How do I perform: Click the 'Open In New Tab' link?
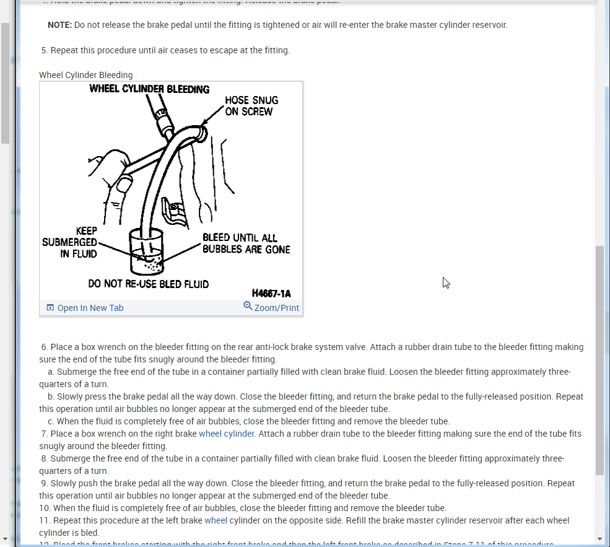(x=90, y=308)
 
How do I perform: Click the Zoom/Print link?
(x=276, y=308)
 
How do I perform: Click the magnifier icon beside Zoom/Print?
(x=248, y=306)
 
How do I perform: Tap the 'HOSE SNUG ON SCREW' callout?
(x=251, y=106)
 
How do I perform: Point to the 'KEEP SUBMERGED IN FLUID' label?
(x=69, y=242)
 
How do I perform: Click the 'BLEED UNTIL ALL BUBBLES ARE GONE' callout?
(x=246, y=243)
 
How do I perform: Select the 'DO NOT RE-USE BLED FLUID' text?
(x=149, y=284)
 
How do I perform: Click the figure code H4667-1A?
(x=271, y=294)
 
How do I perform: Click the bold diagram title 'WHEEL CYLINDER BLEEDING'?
(x=149, y=89)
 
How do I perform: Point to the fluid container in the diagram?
(x=147, y=253)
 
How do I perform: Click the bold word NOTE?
(x=59, y=25)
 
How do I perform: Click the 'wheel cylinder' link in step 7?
(x=227, y=434)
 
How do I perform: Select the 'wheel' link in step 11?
(x=216, y=520)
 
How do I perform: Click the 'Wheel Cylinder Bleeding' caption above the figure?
(x=86, y=75)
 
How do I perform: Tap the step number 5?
(x=44, y=50)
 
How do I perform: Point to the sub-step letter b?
(x=50, y=396)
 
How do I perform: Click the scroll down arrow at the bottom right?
(x=599, y=539)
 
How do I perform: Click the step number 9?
(x=44, y=483)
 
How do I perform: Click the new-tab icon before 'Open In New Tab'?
(x=51, y=308)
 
